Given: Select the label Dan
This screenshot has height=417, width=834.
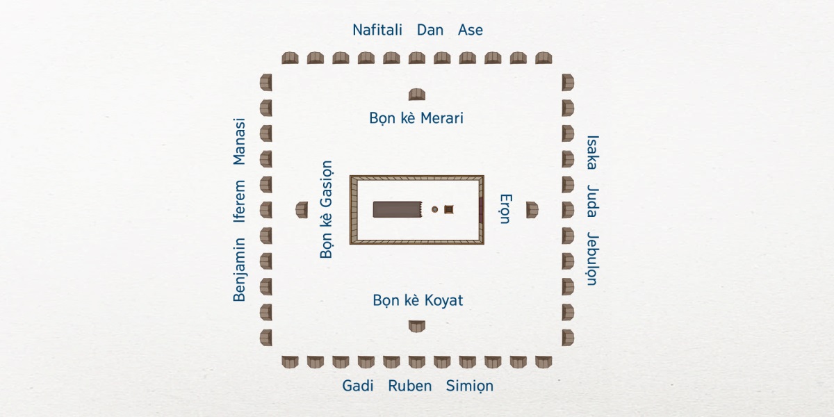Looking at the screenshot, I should (430, 31).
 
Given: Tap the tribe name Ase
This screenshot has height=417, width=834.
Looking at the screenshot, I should (471, 31).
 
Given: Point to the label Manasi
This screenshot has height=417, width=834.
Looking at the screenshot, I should (240, 142).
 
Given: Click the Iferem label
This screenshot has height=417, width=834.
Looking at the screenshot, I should (240, 202).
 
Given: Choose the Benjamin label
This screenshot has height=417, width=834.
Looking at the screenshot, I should (240, 270).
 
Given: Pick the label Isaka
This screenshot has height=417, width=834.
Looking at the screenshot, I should (592, 152).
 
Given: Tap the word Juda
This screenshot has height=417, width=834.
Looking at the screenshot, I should (592, 202).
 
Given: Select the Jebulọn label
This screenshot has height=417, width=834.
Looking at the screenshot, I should (592, 259).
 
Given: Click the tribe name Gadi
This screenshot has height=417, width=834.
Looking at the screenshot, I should (359, 386).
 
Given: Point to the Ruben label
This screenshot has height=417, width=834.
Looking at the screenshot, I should (410, 386).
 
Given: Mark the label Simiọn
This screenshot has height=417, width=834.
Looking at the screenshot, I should (470, 386).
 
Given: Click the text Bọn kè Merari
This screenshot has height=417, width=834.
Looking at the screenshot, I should (416, 118).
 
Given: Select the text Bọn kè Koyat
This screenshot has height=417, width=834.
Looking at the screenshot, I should (418, 301).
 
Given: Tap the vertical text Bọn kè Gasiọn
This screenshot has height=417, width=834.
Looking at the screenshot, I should (327, 210).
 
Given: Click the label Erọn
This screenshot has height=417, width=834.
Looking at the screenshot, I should (505, 209).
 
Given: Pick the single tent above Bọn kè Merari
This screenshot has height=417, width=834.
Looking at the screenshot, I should (417, 95).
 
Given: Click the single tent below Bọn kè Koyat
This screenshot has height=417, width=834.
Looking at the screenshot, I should (416, 325).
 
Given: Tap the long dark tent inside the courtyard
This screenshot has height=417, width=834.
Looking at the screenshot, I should (398, 209).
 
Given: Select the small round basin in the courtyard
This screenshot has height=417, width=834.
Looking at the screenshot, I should (435, 209).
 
